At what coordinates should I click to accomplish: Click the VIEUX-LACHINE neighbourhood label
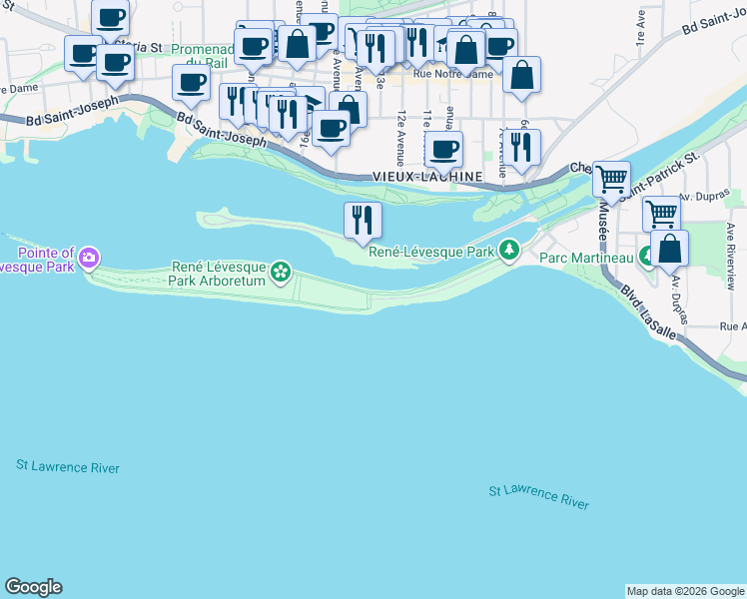[x=426, y=176]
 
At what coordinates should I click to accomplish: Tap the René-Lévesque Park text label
[x=432, y=253]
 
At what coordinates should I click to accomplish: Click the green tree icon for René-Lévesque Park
[x=510, y=249]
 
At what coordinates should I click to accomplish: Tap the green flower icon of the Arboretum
[x=281, y=271]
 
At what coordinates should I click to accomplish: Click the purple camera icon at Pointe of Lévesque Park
[x=89, y=259]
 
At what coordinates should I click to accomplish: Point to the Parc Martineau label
[x=588, y=259]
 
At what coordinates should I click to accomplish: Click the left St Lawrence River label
[x=68, y=467]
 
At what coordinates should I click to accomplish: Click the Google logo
[x=33, y=587]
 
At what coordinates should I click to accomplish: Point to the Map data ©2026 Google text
[x=685, y=591]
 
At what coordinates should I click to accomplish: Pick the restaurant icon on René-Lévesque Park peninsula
[x=362, y=220]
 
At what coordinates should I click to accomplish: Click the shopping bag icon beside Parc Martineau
[x=670, y=248]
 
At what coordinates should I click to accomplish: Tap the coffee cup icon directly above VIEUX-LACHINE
[x=443, y=150]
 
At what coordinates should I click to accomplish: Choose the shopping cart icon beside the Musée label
[x=611, y=180]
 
